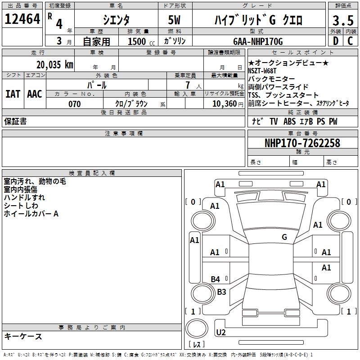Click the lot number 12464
point(22,19)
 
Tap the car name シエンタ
point(117,20)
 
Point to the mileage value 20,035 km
point(55,65)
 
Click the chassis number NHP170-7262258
point(302,143)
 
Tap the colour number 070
point(74,104)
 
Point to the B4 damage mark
point(216,279)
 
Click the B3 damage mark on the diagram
point(221,292)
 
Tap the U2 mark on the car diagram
point(221,333)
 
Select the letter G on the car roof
point(284,237)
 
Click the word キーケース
point(23,336)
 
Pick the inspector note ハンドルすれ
point(24,198)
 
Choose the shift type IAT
point(13,94)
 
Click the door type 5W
point(175,20)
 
